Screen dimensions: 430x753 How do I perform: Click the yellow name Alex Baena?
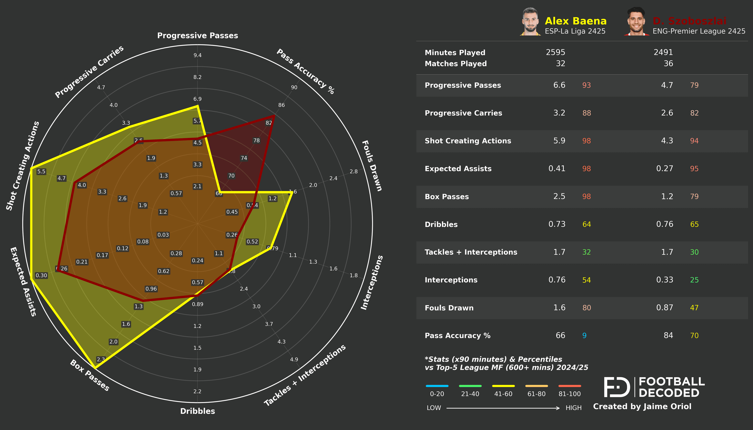point(575,21)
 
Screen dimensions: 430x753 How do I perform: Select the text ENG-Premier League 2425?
point(699,31)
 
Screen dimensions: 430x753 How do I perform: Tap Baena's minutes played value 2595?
point(555,52)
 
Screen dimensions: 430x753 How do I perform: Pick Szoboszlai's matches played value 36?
point(668,63)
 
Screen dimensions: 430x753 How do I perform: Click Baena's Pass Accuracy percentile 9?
point(584,336)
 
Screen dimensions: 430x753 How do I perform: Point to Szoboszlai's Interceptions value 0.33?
point(664,280)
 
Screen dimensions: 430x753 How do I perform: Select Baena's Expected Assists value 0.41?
point(557,169)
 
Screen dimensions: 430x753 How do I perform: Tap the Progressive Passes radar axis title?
point(197,36)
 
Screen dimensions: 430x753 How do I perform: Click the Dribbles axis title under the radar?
point(197,411)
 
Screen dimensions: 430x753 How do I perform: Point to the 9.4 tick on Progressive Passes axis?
point(197,55)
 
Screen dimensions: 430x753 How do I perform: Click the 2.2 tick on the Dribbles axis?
point(197,392)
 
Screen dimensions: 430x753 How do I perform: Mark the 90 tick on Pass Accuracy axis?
point(294,87)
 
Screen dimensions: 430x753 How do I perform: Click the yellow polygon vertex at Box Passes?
point(95,368)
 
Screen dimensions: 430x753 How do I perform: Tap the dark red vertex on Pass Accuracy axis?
point(274,116)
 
